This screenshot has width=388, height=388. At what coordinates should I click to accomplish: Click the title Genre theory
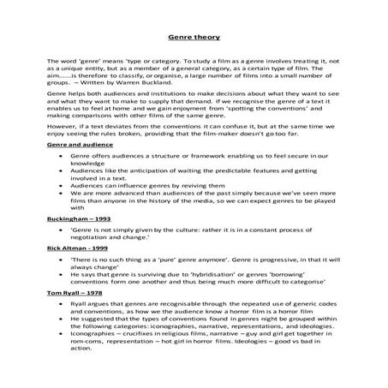tap(194, 39)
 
